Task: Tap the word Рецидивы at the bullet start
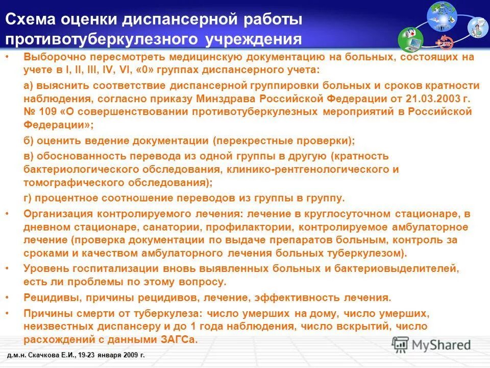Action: [x=50, y=297]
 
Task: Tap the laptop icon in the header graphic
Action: [x=411, y=41]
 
